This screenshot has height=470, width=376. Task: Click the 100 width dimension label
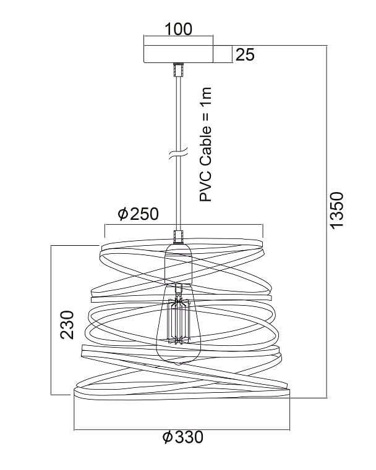point(179,29)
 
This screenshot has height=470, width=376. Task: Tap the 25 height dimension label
point(245,54)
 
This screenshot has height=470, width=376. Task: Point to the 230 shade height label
point(67,325)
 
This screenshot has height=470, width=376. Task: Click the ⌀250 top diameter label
point(139,214)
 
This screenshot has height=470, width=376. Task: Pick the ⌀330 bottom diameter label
point(183,437)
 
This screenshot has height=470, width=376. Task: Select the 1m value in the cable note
point(206,96)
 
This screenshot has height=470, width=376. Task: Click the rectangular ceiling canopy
point(179,54)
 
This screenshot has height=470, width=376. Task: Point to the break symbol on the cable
point(179,153)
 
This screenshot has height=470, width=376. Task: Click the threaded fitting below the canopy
point(179,70)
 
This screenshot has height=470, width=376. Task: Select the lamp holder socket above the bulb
point(179,264)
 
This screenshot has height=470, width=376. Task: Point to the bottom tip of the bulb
point(179,364)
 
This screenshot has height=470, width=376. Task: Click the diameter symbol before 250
point(123,214)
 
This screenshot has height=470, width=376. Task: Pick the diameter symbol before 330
point(168,437)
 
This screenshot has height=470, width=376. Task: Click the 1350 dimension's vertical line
point(327,222)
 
